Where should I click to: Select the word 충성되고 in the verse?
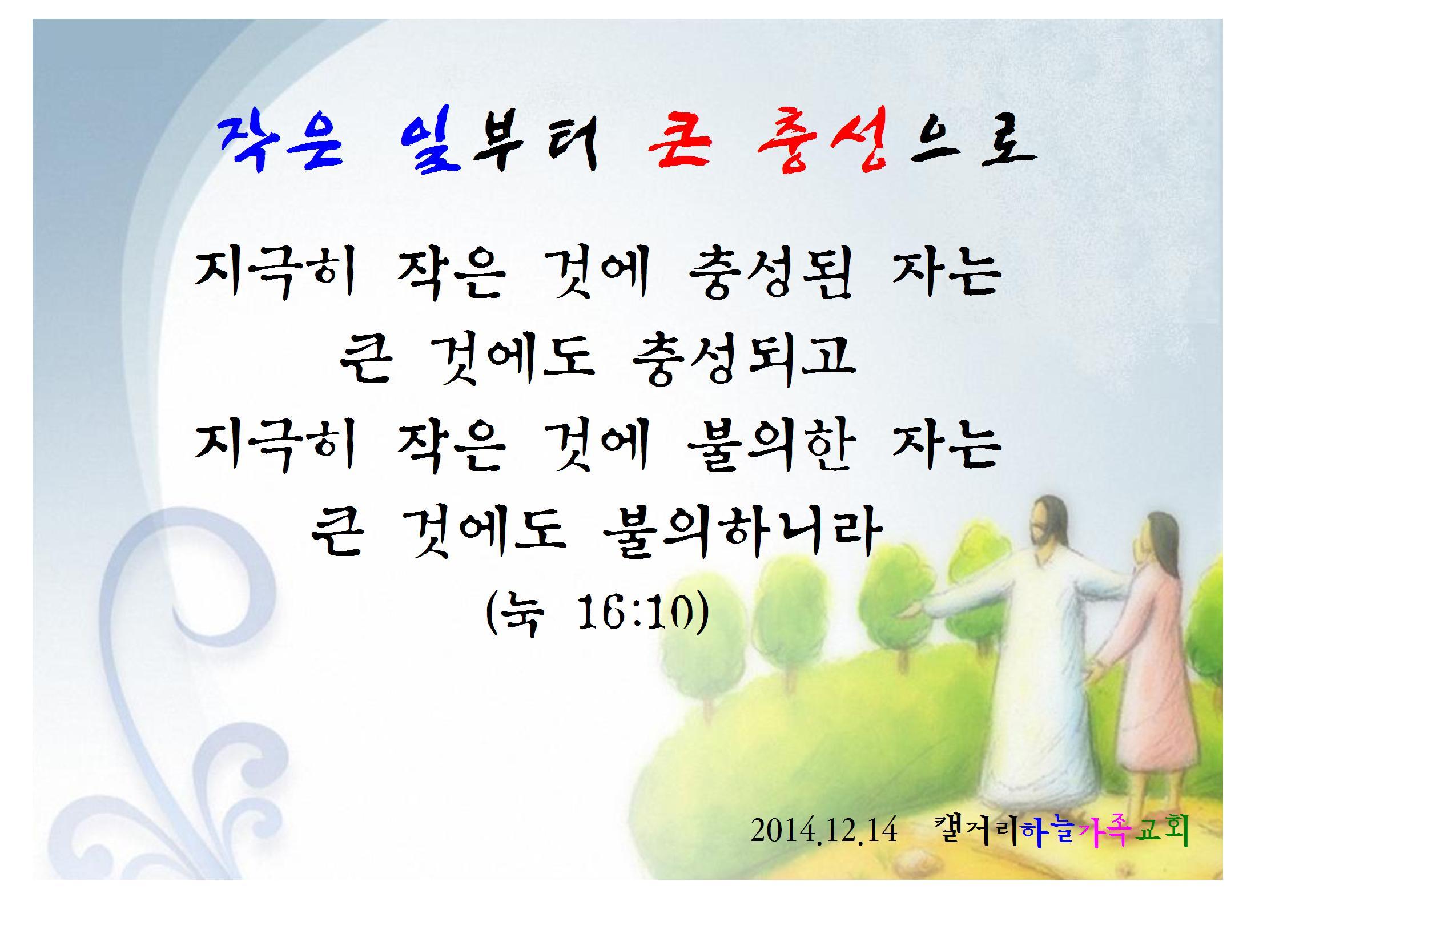(x=743, y=360)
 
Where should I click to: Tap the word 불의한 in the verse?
(x=770, y=446)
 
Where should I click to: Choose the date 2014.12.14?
(x=824, y=831)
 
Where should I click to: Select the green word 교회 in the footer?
(x=1161, y=831)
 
